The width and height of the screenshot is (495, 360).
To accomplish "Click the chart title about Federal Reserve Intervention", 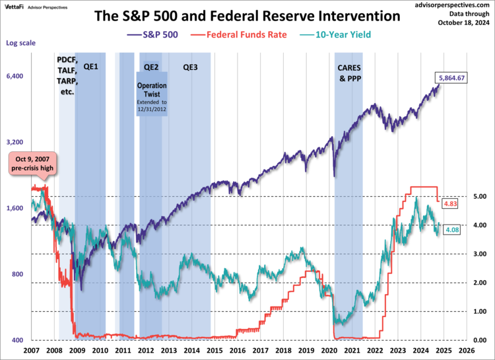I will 247,15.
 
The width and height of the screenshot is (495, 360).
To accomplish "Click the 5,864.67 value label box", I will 452,78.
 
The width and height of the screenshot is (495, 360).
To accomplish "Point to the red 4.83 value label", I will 451,204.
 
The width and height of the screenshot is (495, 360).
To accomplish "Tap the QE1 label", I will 90,67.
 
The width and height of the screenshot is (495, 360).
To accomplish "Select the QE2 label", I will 151,67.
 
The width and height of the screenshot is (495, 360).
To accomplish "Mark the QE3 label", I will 190,67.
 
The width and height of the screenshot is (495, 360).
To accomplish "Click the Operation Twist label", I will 152,90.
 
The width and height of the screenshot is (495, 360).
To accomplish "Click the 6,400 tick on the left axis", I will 15,77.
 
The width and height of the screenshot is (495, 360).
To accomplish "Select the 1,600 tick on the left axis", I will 15,209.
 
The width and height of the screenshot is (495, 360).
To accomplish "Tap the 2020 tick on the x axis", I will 329,350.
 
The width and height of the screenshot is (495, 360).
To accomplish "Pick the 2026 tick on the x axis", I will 465,350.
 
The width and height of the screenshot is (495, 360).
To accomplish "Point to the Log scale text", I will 20,43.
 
